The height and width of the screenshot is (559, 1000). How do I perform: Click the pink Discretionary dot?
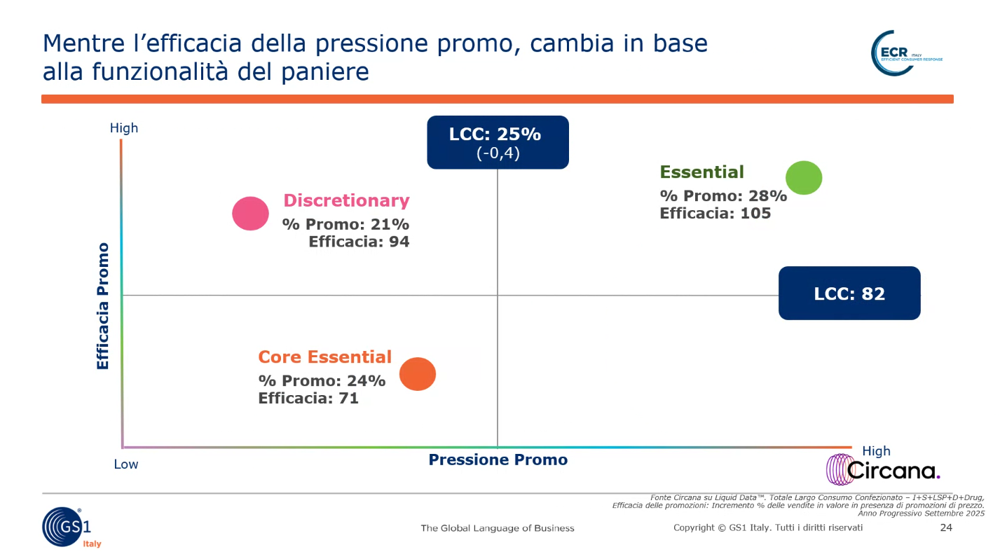(x=250, y=214)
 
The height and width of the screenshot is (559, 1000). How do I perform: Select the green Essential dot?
(x=803, y=177)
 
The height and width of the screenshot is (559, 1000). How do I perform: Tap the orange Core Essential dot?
(x=418, y=374)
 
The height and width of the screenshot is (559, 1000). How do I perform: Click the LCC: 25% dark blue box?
(x=498, y=142)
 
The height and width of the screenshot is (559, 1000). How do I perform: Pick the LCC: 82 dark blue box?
(x=849, y=294)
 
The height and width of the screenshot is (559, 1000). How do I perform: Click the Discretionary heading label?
(x=346, y=201)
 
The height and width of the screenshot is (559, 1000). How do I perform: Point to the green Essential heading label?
(x=701, y=172)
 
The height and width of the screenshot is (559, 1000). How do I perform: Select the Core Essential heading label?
(x=324, y=357)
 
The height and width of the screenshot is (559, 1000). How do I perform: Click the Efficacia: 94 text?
(x=359, y=242)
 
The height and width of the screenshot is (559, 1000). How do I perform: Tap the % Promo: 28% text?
(x=723, y=196)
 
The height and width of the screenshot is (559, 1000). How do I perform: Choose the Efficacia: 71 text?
(x=308, y=399)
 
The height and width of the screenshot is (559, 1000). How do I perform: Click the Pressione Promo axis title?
(x=498, y=460)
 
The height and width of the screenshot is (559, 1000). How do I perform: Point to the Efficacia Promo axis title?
(x=103, y=306)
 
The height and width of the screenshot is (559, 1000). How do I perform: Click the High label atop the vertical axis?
(x=124, y=128)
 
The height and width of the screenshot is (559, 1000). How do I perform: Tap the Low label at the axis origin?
(x=126, y=464)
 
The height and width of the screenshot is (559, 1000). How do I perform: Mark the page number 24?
(x=945, y=527)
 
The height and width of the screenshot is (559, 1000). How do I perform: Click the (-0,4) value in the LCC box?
(x=498, y=153)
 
